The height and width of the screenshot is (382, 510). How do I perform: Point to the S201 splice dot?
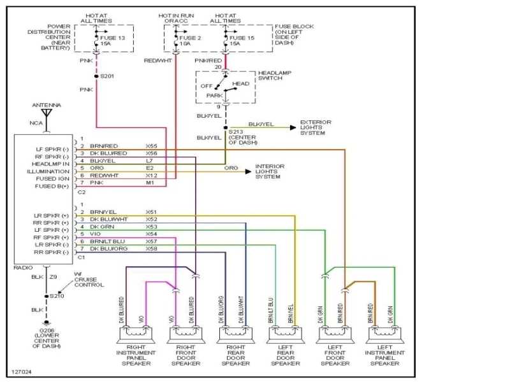point(96,76)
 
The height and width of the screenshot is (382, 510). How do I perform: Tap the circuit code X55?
point(152,146)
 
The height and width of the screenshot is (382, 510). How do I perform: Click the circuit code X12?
point(152,176)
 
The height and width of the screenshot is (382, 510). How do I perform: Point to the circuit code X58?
point(152,248)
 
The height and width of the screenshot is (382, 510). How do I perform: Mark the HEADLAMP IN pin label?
point(52,164)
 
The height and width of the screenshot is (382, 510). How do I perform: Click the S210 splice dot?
point(46,296)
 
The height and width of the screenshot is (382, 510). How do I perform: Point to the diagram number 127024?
point(21,371)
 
